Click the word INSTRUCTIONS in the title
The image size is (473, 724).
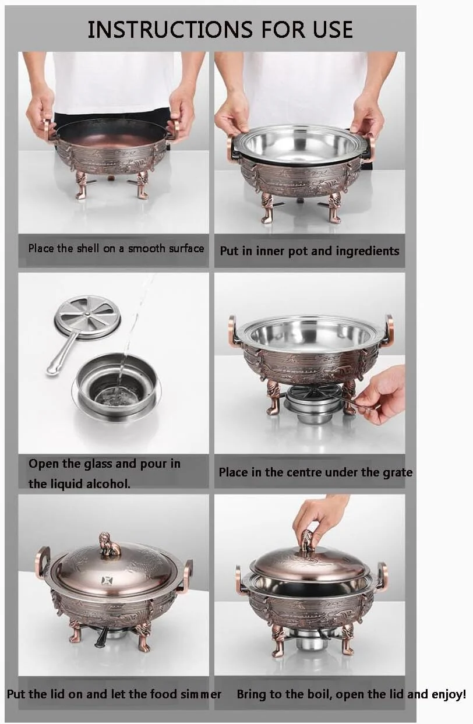[170, 29]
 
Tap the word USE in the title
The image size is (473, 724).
[333, 29]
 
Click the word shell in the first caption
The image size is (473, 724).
[88, 248]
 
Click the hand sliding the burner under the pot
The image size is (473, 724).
[382, 394]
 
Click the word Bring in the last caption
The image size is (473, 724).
[252, 695]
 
